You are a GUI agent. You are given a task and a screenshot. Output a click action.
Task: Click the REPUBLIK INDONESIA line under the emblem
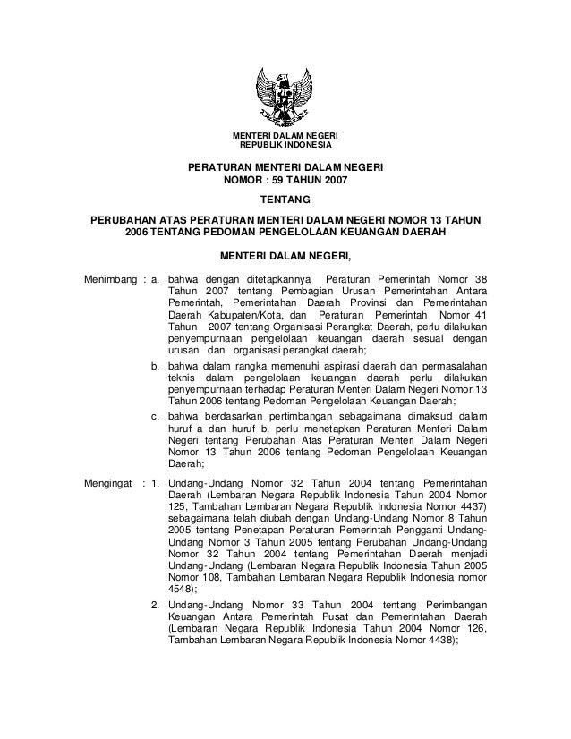pyautogui.click(x=285, y=145)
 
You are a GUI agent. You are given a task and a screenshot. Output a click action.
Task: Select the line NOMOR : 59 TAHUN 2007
pyautogui.click(x=285, y=180)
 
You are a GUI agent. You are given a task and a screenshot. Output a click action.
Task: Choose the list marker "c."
pyautogui.click(x=156, y=418)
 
